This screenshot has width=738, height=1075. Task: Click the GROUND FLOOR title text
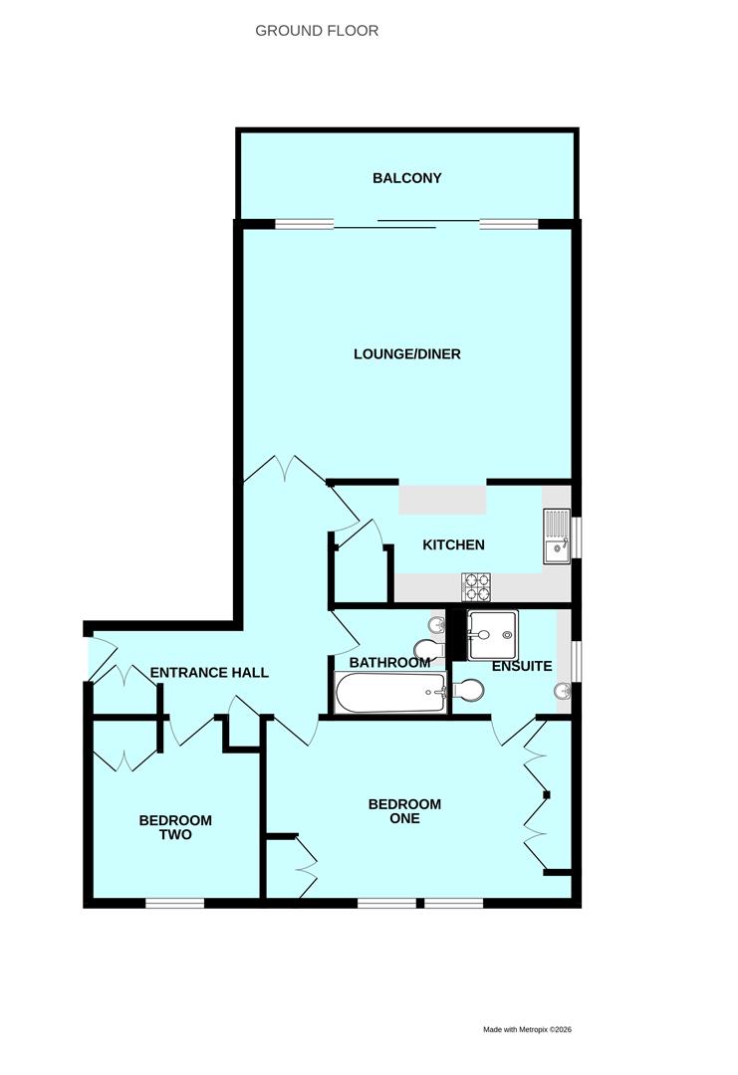317,31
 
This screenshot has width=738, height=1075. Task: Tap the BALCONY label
406,178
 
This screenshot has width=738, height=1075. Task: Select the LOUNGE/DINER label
406,353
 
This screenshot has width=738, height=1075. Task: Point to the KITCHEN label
453,544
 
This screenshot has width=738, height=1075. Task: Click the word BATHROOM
389,662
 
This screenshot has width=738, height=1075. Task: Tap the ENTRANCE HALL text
209,673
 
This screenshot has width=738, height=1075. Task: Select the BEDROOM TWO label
175,827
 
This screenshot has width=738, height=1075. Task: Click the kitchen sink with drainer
556,537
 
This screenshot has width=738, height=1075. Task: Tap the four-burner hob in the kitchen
477,587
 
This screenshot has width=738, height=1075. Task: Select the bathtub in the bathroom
390,693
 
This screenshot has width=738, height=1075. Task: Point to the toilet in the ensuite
469,689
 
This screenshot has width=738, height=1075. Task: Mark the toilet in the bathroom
425,651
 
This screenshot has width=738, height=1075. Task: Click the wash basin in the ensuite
565,690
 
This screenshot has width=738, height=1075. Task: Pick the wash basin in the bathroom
435,625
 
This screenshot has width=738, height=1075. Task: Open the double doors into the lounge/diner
285,469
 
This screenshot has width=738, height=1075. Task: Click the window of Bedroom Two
175,903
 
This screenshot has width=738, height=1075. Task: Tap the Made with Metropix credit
527,1029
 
